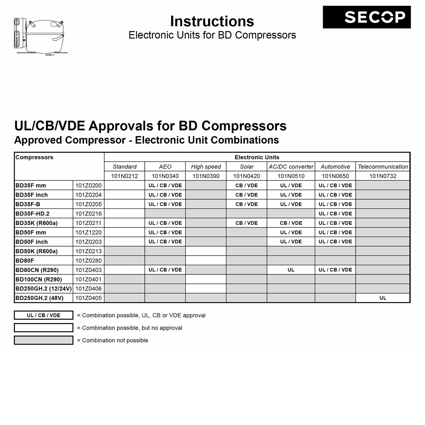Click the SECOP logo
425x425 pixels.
click(x=367, y=17)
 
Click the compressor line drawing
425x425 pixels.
click(x=40, y=36)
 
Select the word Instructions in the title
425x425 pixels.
click(x=212, y=21)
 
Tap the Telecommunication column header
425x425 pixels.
click(x=383, y=167)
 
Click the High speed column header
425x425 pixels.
click(x=206, y=167)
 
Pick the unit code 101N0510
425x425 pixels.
click(x=291, y=176)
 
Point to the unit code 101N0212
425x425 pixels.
click(x=124, y=176)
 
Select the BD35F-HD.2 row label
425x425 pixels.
click(x=32, y=214)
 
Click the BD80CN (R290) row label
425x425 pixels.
click(x=37, y=270)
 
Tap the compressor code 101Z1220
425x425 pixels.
click(x=88, y=232)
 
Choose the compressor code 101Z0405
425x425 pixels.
click(x=88, y=298)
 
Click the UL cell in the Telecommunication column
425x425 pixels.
click(x=383, y=298)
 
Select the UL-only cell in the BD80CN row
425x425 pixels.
click(x=291, y=270)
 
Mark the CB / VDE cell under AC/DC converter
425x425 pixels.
click(x=291, y=223)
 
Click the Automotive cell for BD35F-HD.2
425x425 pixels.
click(x=335, y=214)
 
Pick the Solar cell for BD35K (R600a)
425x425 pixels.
click(x=246, y=223)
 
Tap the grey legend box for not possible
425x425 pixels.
click(x=44, y=340)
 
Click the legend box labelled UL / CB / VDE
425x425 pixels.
click(x=44, y=315)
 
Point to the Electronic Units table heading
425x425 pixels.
click(x=257, y=157)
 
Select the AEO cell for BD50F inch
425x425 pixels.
click(x=165, y=242)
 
